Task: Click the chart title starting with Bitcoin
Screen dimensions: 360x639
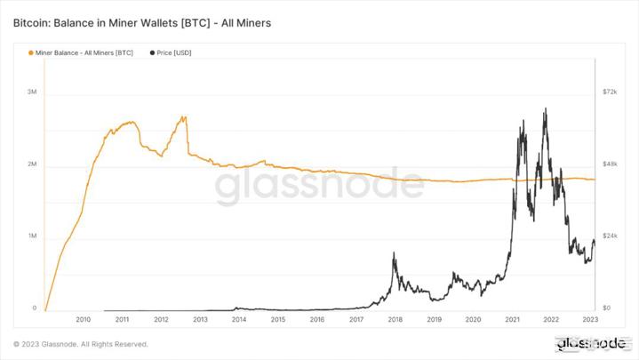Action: [141, 21]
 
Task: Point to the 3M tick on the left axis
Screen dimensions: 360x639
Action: [31, 92]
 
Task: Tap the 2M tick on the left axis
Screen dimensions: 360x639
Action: [31, 165]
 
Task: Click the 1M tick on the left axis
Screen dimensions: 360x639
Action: [31, 236]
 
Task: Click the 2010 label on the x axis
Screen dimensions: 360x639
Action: [83, 319]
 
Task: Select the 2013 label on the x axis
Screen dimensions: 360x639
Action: [200, 319]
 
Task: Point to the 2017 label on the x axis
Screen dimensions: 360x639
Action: [356, 319]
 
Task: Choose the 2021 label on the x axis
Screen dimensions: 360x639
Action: [513, 319]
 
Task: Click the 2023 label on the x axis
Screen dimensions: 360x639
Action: [589, 319]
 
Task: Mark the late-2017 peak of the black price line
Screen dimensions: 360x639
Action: [394, 253]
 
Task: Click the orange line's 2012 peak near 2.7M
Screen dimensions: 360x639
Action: [183, 116]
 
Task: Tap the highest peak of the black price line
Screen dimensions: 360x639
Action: [544, 109]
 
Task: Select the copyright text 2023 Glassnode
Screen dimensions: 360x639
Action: [81, 344]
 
